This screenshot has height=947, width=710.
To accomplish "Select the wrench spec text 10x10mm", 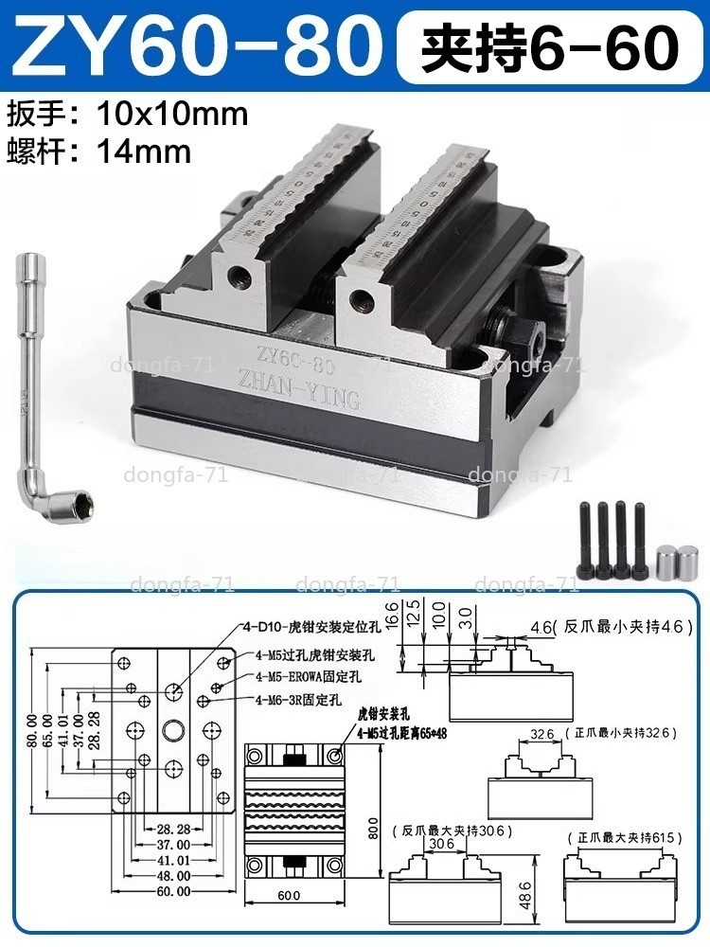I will tap(173, 115).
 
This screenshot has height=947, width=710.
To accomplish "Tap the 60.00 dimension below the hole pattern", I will tap(174, 891).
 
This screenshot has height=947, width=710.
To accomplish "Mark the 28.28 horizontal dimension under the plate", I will tap(174, 829).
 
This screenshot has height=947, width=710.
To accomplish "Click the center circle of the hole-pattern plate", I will tap(174, 729).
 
